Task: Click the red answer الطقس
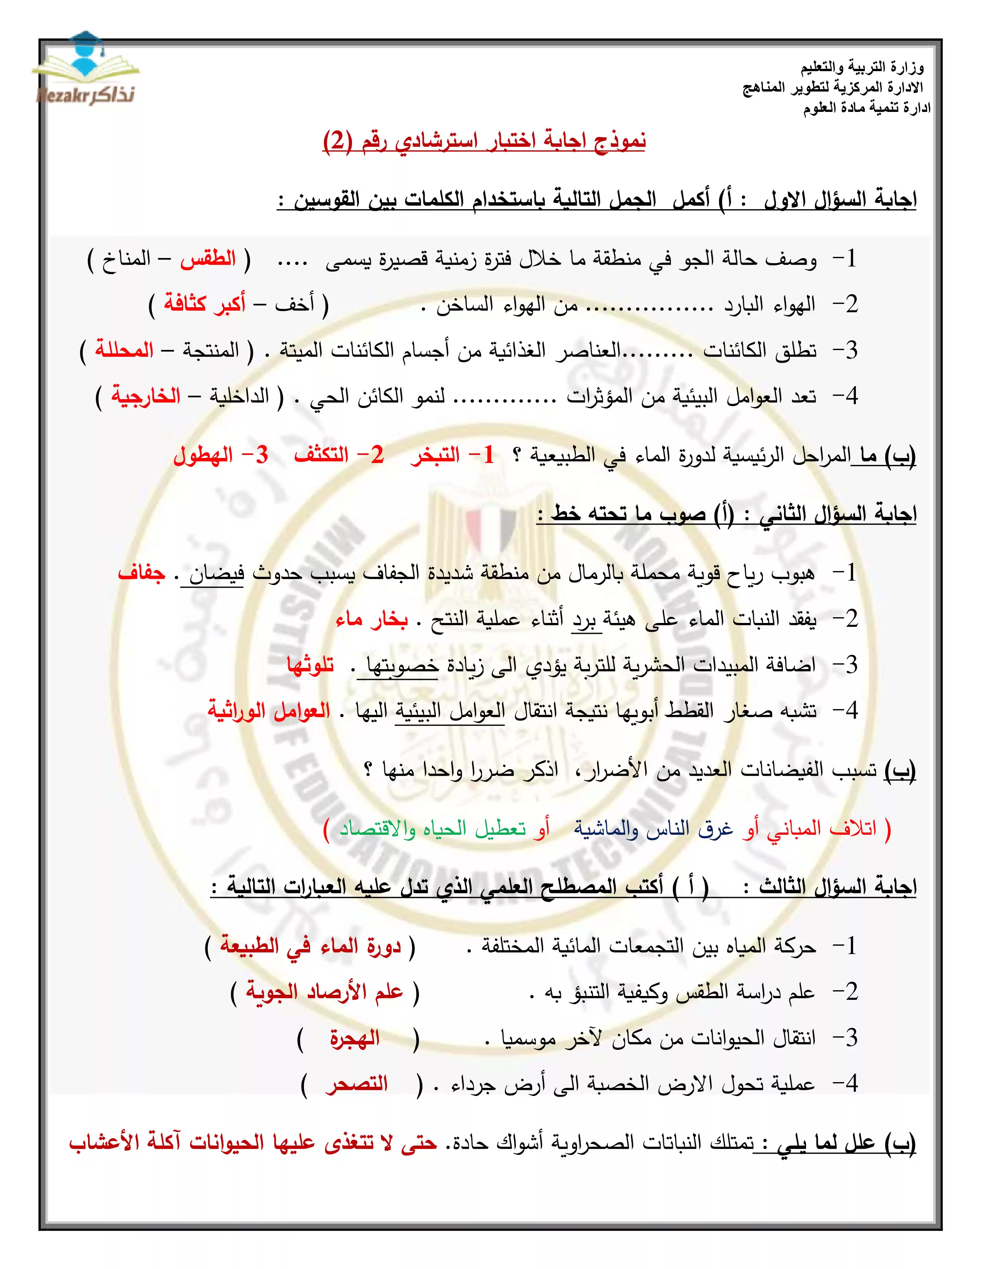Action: tap(207, 258)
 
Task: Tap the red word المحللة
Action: tap(124, 350)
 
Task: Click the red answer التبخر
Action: tap(435, 455)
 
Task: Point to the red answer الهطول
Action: tap(204, 455)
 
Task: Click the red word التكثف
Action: tap(321, 455)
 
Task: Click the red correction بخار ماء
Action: tap(371, 620)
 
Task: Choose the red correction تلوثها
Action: tap(311, 665)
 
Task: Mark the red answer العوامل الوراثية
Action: tap(269, 711)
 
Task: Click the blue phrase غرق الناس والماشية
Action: tap(654, 829)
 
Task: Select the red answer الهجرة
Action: tap(355, 1038)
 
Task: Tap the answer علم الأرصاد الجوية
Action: tap(324, 991)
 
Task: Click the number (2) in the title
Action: tap(337, 141)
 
